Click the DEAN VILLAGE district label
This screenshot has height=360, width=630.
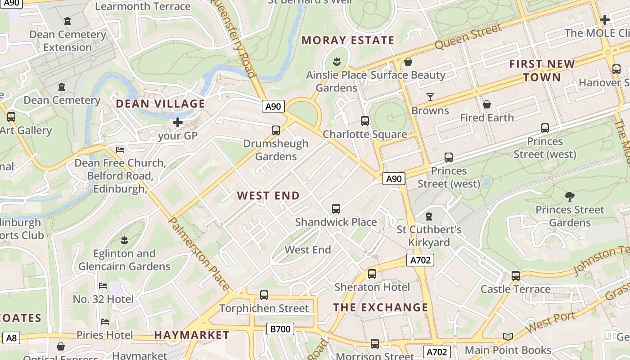coord(161,104)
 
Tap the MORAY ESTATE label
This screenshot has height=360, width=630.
coord(348,40)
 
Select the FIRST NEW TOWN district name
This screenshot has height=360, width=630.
coord(542,71)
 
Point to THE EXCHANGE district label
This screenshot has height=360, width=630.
coord(381,308)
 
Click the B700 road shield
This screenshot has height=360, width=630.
coord(280,329)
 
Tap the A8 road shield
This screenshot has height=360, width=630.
coord(11,337)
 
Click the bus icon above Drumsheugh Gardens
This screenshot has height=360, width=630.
coord(276,130)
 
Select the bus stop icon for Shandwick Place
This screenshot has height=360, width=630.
coord(336,209)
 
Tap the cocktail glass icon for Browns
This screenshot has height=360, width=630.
coord(430,97)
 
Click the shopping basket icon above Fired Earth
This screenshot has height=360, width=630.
coord(486,105)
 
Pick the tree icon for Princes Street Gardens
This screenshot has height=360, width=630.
coord(569,197)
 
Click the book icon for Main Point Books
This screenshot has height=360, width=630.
coord(508,337)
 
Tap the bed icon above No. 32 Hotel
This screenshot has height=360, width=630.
coord(103,286)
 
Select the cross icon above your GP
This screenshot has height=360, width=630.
coord(178,122)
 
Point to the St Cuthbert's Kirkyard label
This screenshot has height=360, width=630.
coord(429,236)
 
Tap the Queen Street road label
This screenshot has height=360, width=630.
coord(468,37)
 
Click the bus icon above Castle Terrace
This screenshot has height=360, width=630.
coord(516,275)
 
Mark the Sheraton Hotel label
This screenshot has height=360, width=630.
coord(372,287)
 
